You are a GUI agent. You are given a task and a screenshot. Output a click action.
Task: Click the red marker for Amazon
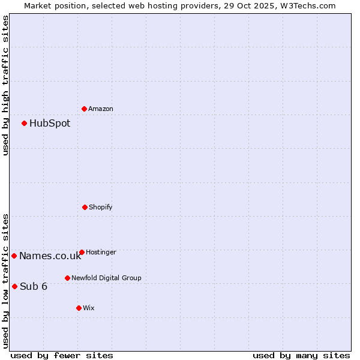(84, 109)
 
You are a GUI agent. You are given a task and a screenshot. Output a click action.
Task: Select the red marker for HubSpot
(24, 123)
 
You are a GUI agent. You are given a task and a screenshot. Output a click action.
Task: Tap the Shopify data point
(85, 207)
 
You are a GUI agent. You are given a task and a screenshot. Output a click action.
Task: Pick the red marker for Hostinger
(82, 252)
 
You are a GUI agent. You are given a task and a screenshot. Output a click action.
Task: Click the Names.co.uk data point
(14, 256)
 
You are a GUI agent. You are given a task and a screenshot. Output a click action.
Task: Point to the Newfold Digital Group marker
(67, 278)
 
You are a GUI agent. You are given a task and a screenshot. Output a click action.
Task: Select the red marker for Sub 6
(14, 286)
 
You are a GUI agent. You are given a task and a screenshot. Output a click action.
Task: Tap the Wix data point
(79, 308)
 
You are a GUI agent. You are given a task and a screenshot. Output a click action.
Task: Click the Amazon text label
(101, 109)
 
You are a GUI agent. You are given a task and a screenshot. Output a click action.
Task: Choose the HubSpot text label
(50, 123)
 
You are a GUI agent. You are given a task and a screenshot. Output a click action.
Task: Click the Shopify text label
(101, 207)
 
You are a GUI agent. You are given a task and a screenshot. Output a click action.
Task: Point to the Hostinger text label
(101, 252)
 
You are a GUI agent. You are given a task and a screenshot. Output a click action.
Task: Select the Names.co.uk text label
(50, 256)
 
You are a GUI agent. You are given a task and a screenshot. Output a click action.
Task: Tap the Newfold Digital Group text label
(106, 278)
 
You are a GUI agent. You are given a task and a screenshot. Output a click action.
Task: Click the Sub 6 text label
(34, 286)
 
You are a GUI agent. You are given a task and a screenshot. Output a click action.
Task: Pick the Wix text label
(89, 308)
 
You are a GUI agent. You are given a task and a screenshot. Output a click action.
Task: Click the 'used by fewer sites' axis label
(62, 355)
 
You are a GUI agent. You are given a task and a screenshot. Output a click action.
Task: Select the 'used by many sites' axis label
(301, 355)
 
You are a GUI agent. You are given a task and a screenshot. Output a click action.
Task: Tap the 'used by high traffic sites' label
(5, 85)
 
